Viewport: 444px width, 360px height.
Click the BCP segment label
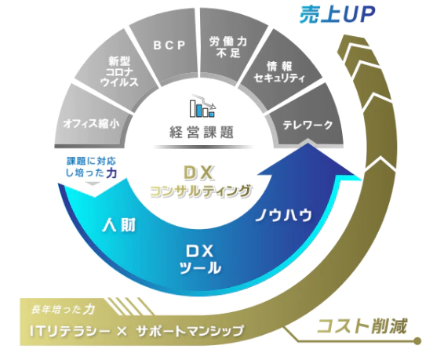[x=169, y=45]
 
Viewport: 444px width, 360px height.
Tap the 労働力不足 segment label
[x=228, y=47]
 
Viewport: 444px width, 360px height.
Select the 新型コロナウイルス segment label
[x=119, y=71]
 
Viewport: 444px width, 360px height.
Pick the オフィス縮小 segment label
[x=92, y=124]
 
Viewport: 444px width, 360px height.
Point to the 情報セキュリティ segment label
[x=279, y=72]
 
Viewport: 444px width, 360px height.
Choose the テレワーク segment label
[x=308, y=125]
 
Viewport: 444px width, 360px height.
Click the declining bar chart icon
[x=202, y=106]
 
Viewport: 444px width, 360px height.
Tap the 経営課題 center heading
[x=202, y=132]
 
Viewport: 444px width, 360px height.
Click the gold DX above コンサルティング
[x=199, y=173]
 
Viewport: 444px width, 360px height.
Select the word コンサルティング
[x=201, y=191]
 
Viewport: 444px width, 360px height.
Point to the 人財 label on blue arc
[x=119, y=226]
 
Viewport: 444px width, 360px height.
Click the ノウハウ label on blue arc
[x=283, y=215]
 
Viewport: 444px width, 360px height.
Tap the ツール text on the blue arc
[x=200, y=267]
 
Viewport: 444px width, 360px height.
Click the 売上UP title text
[x=337, y=14]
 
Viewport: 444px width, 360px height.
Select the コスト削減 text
[x=362, y=326]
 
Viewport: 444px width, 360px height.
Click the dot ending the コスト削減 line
[x=417, y=340]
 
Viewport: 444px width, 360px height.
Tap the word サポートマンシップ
[x=190, y=331]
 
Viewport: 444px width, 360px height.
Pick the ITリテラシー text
[x=70, y=331]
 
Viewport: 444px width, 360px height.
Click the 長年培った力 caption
[x=63, y=309]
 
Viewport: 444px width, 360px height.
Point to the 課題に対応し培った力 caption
[x=92, y=167]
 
